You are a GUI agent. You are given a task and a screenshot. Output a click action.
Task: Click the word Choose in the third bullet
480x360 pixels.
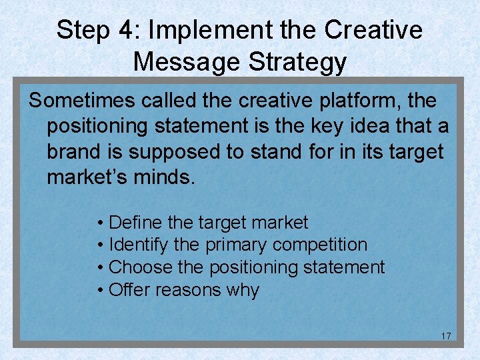139,267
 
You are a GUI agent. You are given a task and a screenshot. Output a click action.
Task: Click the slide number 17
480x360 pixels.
446,335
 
